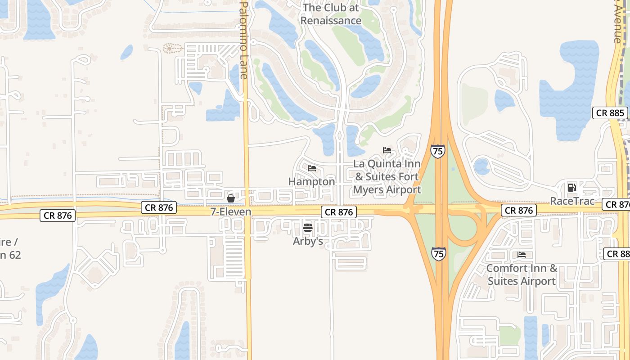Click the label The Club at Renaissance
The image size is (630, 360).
(331, 14)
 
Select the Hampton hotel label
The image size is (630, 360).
(311, 181)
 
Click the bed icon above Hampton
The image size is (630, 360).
(312, 168)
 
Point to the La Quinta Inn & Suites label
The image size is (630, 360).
(387, 176)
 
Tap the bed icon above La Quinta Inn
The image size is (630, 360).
(387, 150)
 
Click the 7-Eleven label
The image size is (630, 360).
(231, 211)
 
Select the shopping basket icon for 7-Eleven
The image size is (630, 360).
(231, 198)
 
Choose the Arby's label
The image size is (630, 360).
(308, 241)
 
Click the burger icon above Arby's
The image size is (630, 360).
(308, 228)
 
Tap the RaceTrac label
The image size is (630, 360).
(572, 201)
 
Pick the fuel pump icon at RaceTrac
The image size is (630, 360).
(571, 187)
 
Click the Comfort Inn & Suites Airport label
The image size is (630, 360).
(522, 274)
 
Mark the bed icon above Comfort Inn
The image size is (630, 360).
(522, 255)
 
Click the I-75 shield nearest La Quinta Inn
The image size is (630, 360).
(437, 151)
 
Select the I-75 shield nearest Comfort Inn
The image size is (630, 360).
(439, 253)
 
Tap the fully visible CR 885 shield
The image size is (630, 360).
(610, 113)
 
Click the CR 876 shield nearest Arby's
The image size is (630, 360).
(339, 212)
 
